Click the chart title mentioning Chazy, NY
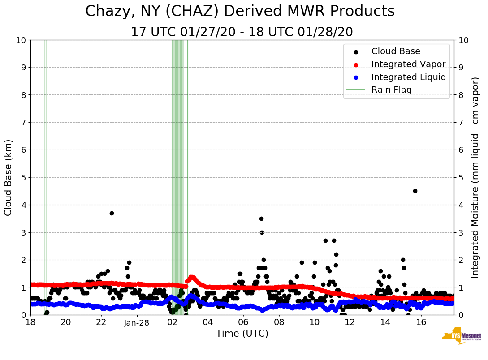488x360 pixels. tap(240, 11)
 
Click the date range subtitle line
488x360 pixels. tap(242, 32)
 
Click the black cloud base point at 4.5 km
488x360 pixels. tap(415, 191)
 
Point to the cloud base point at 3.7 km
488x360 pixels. tap(112, 213)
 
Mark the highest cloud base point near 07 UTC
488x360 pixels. tap(261, 219)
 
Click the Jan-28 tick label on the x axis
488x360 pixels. tap(137, 322)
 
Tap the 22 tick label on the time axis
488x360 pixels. tap(101, 322)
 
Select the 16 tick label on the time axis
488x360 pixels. tap(421, 322)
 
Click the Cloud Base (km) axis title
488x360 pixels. tap(9, 177)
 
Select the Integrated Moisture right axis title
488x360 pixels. tap(475, 177)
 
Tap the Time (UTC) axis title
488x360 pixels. tap(242, 334)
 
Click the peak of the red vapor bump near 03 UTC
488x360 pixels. tap(192, 277)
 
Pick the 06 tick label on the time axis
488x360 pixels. tap(243, 322)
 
